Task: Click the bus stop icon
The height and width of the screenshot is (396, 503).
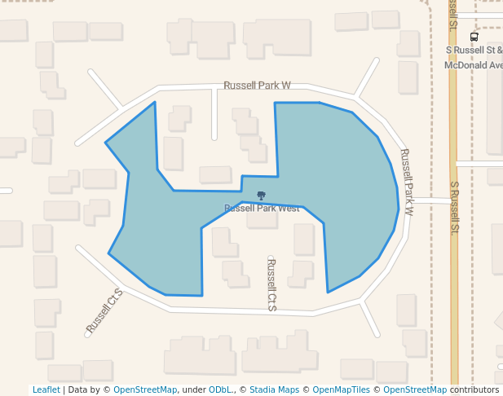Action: click(474, 37)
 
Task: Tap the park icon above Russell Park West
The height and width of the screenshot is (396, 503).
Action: click(261, 196)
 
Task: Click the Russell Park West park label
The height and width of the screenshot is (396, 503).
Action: click(262, 209)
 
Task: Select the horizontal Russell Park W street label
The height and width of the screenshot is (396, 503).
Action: click(257, 85)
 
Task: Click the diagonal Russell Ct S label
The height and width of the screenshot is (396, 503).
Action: click(104, 310)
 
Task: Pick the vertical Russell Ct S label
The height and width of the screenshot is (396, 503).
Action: click(272, 284)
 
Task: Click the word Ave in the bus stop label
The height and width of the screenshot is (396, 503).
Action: click(494, 65)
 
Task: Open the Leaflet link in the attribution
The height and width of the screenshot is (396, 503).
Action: click(46, 390)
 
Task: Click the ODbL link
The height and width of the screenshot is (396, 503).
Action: click(222, 390)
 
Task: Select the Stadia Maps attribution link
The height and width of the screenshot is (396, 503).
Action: click(274, 390)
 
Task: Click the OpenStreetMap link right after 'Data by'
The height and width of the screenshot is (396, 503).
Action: click(145, 390)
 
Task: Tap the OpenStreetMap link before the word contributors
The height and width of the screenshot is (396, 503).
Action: click(415, 390)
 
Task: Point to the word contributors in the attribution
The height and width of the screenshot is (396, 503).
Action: click(474, 390)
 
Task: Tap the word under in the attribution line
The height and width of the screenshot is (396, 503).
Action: click(193, 390)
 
